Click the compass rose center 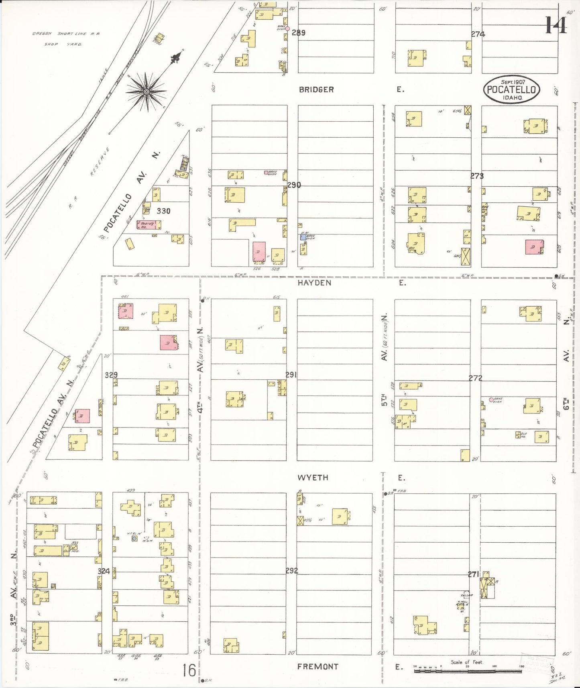[147, 92]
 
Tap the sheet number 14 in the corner [556, 25]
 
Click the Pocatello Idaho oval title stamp [511, 90]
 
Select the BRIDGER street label [316, 90]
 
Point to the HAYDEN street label [314, 283]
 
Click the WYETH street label [313, 478]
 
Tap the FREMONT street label [317, 667]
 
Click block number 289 [298, 33]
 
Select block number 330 [163, 211]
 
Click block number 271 [474, 575]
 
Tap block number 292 [291, 571]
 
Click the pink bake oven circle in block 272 [491, 399]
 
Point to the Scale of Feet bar [468, 670]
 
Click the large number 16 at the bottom [189, 670]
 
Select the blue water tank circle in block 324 [134, 538]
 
